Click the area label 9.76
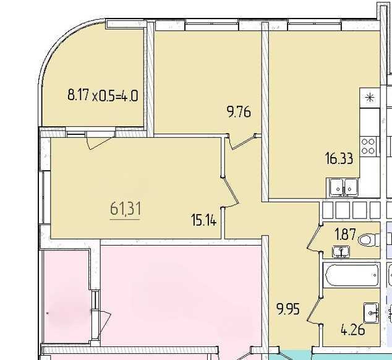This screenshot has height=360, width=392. coord(239,111)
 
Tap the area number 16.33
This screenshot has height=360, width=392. coord(339,158)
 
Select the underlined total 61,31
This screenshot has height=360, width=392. coord(126,208)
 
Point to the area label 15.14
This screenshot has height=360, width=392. coord(204,220)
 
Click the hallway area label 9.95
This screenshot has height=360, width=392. coord(288,309)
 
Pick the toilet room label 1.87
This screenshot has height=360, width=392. coord(345,234)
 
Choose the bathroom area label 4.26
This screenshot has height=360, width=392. coord(353,329)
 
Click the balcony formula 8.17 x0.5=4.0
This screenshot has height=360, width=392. coord(103,95)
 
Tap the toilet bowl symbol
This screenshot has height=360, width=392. coord(369,240)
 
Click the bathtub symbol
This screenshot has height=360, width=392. coord(351,275)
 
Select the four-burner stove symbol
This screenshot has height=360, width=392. coord(368,147)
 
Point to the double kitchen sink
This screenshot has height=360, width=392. coord(342,187)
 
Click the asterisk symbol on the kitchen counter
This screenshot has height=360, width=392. coord(370,98)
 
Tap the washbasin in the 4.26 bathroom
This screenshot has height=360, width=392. coord(371,313)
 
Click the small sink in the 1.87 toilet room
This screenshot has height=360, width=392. coord(341,252)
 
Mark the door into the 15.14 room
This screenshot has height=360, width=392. coord(230,192)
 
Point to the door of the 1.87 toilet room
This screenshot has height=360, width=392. coord(314,238)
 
